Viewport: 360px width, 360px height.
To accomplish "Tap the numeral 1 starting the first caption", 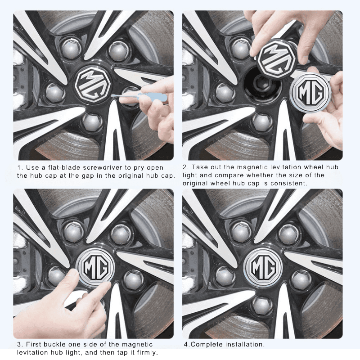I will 19,167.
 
